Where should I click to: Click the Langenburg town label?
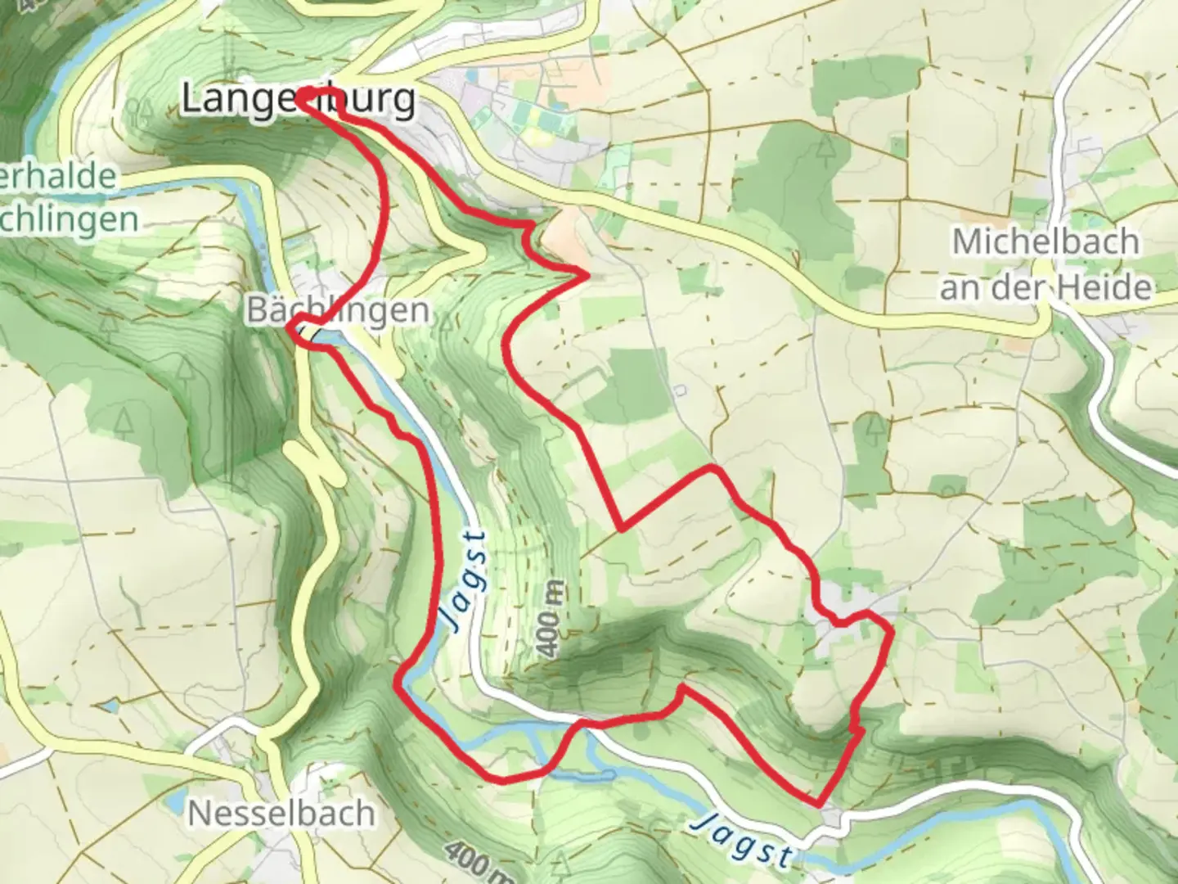point(297,99)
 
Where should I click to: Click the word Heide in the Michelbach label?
point(1111,287)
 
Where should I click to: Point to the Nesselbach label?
point(281,813)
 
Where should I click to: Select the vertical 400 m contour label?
point(551,619)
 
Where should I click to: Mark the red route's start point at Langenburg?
point(301,99)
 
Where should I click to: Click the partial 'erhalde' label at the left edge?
point(57,176)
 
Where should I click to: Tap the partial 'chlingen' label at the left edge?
point(69,219)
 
